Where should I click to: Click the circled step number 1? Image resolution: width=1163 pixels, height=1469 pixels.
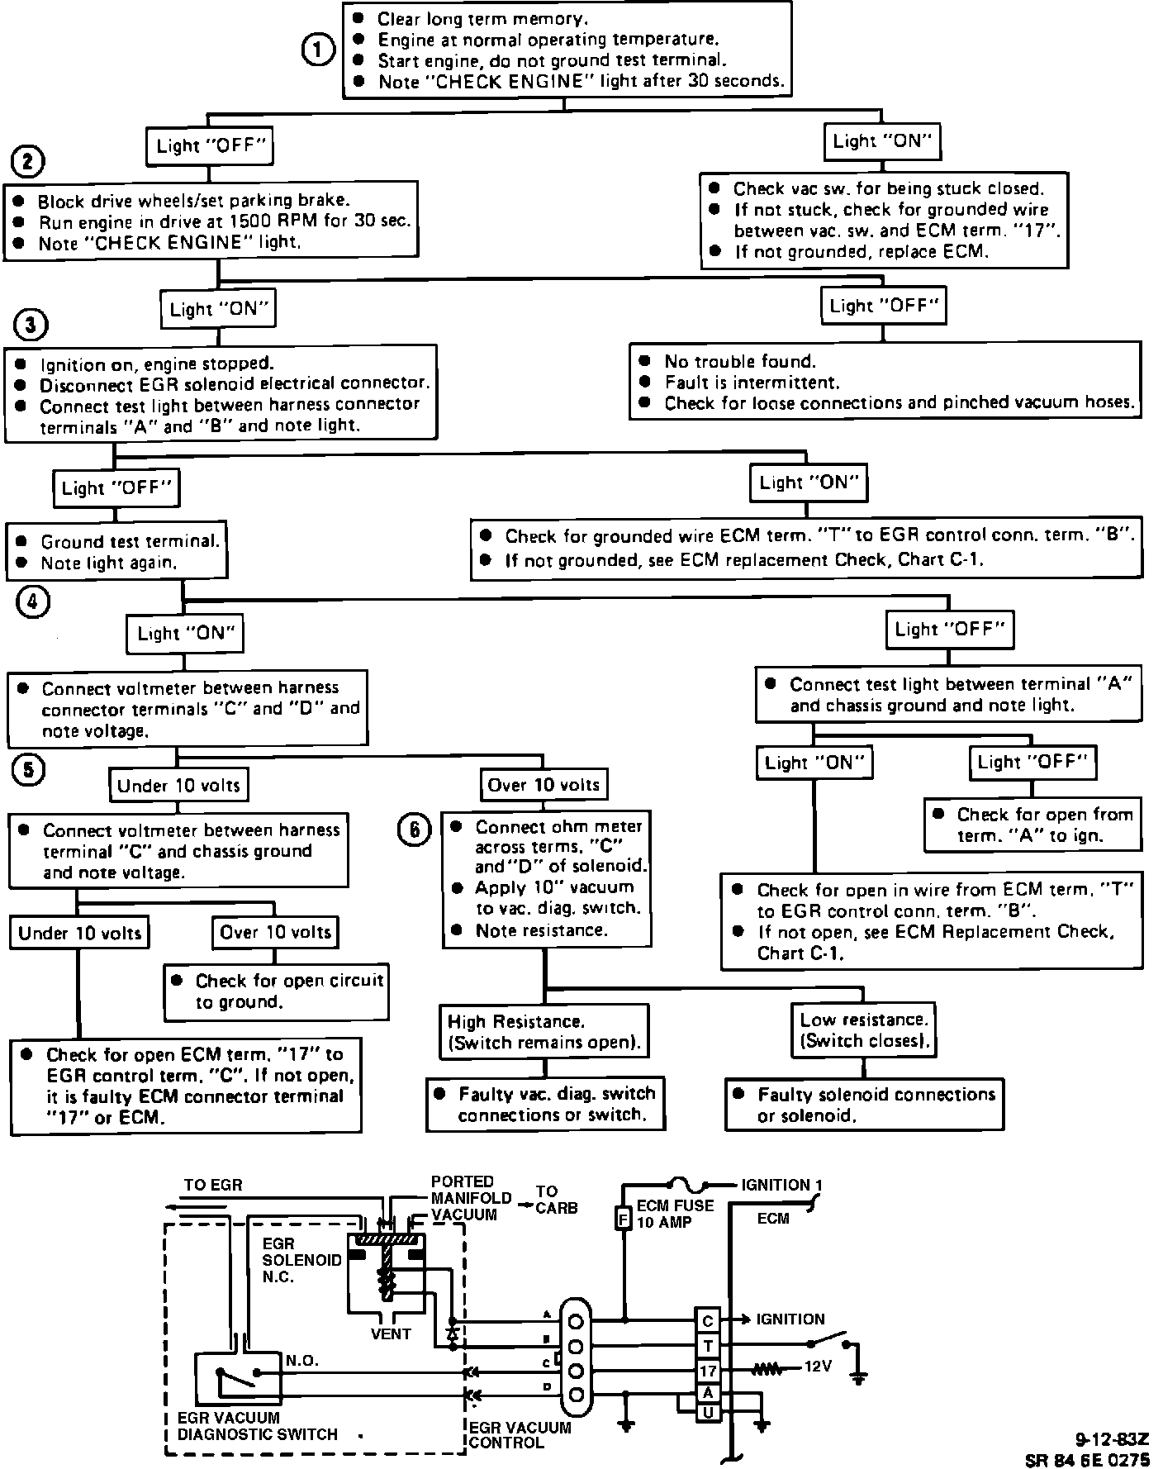click(317, 50)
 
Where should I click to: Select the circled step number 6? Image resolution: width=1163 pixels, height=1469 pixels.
click(415, 830)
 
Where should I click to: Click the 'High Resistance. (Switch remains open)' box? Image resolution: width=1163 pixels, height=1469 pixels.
click(543, 1031)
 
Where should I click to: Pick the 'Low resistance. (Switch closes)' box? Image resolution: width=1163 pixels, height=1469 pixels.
click(863, 1029)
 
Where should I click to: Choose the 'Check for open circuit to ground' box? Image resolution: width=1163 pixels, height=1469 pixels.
click(277, 991)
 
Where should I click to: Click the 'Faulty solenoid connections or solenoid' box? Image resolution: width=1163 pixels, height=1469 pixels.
click(865, 1104)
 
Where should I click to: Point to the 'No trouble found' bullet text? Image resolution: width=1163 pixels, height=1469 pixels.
click(739, 361)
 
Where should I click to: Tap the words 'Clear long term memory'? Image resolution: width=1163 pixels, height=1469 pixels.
click(483, 18)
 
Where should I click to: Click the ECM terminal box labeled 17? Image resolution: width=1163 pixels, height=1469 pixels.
click(708, 1372)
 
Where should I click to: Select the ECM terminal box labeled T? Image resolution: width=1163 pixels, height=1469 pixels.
click(708, 1346)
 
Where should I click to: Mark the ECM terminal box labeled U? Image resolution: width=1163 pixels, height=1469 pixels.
click(708, 1413)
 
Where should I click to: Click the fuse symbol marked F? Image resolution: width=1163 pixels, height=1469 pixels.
click(624, 1218)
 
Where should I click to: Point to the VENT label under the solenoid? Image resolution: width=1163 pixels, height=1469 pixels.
click(391, 1333)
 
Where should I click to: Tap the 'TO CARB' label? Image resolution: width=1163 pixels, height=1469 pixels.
click(556, 1200)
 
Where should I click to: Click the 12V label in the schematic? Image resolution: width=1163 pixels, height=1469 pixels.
click(818, 1367)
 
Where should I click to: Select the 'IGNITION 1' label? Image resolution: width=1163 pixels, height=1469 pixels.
click(781, 1185)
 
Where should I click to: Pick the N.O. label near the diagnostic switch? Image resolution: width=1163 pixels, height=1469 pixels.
click(302, 1360)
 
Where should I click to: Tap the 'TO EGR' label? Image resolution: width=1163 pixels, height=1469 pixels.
click(213, 1185)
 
